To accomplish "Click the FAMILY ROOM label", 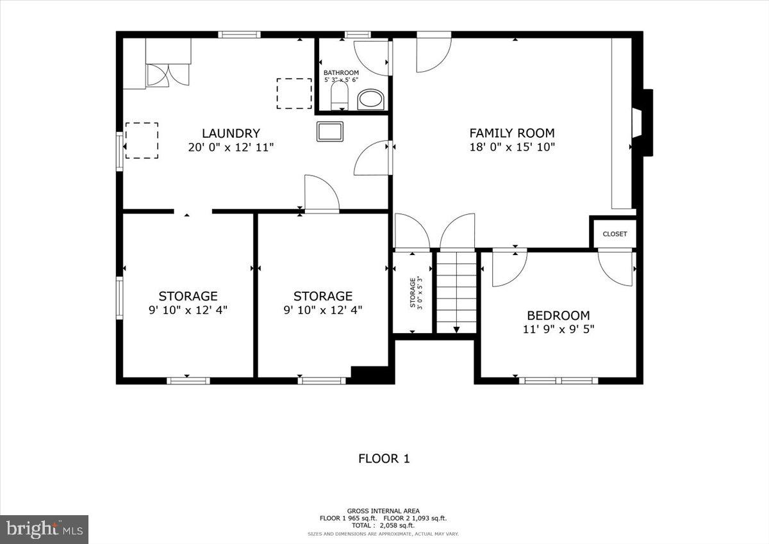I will pyautogui.click(x=511, y=133).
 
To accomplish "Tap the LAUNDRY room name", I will pyautogui.click(x=231, y=133).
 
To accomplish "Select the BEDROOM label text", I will pyautogui.click(x=558, y=315).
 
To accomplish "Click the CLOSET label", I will pyautogui.click(x=615, y=234).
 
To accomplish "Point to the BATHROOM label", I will pyautogui.click(x=341, y=73).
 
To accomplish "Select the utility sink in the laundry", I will pyautogui.click(x=330, y=131).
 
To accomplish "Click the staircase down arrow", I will pyautogui.click(x=456, y=329).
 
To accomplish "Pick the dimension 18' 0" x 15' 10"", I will pyautogui.click(x=511, y=147).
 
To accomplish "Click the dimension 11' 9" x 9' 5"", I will pyautogui.click(x=558, y=329).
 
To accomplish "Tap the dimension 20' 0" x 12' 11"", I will pyautogui.click(x=231, y=147).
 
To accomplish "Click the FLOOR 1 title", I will pyautogui.click(x=383, y=459).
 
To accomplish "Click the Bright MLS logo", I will pyautogui.click(x=44, y=529).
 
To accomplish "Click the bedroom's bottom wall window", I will pyautogui.click(x=558, y=381).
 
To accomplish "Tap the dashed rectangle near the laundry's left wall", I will pyautogui.click(x=142, y=140).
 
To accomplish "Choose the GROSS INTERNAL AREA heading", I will pyautogui.click(x=383, y=511).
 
